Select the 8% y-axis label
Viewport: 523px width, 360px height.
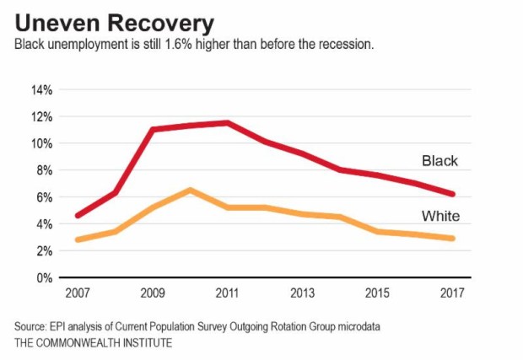click(x=44, y=170)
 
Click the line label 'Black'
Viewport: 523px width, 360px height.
click(x=439, y=160)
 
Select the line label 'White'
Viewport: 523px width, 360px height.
click(x=440, y=217)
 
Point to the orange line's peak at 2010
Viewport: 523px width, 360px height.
click(x=191, y=190)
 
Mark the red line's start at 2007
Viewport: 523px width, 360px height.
click(x=78, y=216)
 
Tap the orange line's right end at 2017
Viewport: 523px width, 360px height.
click(x=453, y=239)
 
